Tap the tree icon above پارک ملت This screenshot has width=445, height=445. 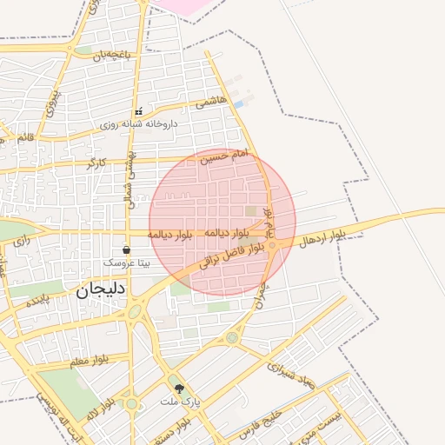(180, 389)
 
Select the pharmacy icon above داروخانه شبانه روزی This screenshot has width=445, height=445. (137, 112)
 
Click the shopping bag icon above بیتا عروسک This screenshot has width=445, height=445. (127, 249)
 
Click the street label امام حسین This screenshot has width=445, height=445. (224, 156)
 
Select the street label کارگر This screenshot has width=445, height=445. (96, 163)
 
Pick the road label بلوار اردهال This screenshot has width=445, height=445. (321, 237)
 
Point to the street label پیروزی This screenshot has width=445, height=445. (53, 102)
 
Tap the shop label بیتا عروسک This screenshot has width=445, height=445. (127, 262)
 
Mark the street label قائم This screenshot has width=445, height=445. (24, 137)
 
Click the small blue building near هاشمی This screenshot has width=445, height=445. (238, 104)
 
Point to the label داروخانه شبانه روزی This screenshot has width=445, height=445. (138, 124)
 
